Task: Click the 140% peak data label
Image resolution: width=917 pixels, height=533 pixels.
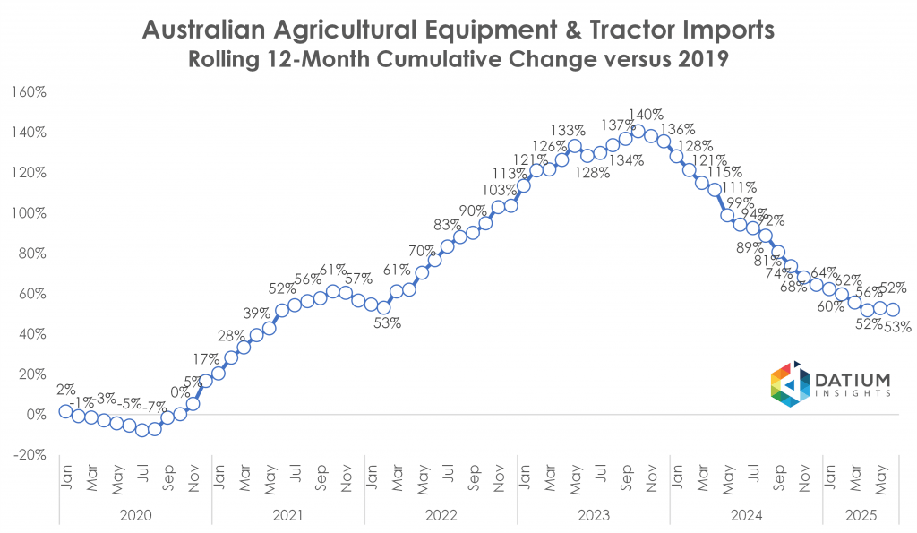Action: coord(646,115)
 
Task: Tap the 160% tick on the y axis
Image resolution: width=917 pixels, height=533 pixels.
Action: coord(34,92)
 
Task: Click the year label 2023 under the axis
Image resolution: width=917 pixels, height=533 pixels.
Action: coord(594,514)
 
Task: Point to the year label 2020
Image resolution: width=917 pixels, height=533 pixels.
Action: coord(135,514)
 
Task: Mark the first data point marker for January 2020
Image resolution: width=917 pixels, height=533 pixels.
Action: coord(65,411)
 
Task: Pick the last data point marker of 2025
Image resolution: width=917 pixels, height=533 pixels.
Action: coord(893,310)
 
